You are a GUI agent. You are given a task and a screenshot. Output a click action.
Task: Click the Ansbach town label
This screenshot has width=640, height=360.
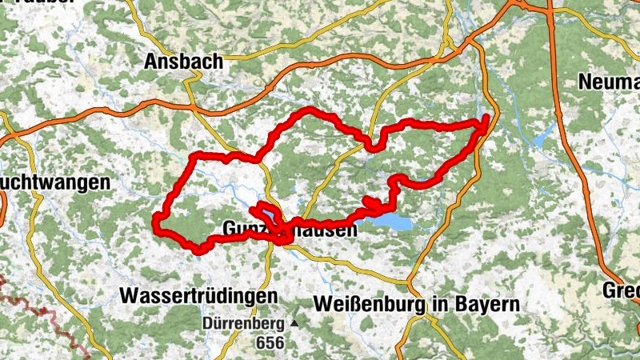tap(183, 62)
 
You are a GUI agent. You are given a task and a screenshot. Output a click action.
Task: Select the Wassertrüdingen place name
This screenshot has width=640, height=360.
tap(198, 295)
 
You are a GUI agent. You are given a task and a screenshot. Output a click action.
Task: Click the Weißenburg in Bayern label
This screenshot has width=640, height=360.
tap(417, 304)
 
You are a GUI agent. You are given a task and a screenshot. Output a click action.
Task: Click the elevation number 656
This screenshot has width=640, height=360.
tap(268, 342)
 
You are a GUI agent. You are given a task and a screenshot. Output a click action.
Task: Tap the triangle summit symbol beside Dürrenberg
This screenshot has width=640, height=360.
tap(294, 324)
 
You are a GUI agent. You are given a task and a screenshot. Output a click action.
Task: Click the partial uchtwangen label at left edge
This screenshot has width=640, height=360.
tap(54, 182)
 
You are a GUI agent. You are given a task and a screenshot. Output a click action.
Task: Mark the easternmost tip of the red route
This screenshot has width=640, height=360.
tap(486, 120)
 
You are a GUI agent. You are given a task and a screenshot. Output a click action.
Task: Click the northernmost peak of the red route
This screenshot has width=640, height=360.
tap(307, 110)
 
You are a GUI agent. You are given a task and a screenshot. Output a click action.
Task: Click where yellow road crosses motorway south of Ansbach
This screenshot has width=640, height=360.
tap(193, 106)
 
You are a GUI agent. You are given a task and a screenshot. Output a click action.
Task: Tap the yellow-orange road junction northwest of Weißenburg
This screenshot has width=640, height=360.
tap(407, 284)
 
